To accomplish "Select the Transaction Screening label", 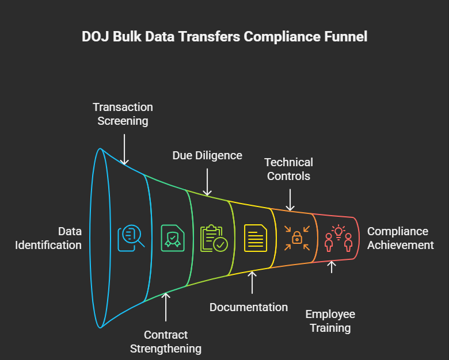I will tap(123, 114).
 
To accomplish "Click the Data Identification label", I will tap(48, 238).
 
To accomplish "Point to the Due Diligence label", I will tap(207, 155).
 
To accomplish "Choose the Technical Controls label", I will tap(288, 169).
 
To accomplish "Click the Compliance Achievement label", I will tap(400, 238).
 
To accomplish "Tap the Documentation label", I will tap(249, 307).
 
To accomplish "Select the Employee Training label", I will tap(330, 321).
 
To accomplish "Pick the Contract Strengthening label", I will tap(166, 342).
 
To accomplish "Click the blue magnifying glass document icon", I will tap(131, 238).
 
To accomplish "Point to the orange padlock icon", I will tap(297, 238).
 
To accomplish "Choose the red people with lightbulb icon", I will tap(338, 238).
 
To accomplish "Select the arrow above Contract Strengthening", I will tap(166, 307).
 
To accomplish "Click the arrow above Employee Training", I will tap(332, 267).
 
